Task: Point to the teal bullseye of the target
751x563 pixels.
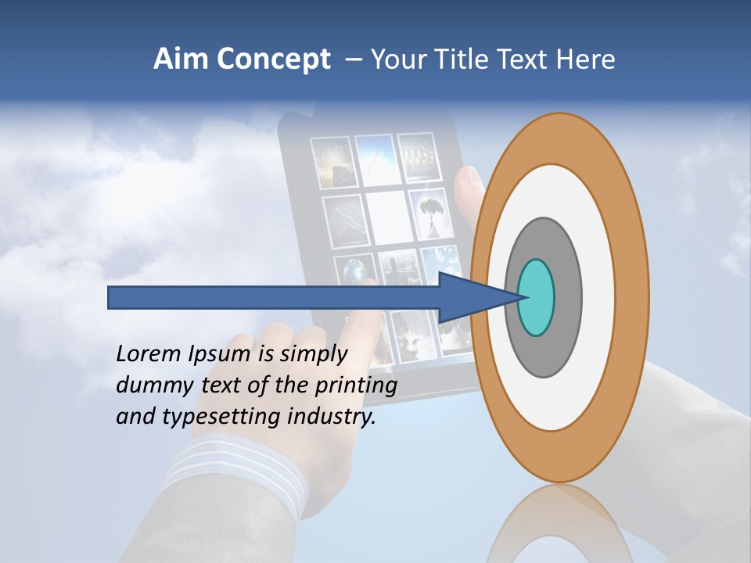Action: click(537, 298)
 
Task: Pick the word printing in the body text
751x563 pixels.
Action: click(356, 385)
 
